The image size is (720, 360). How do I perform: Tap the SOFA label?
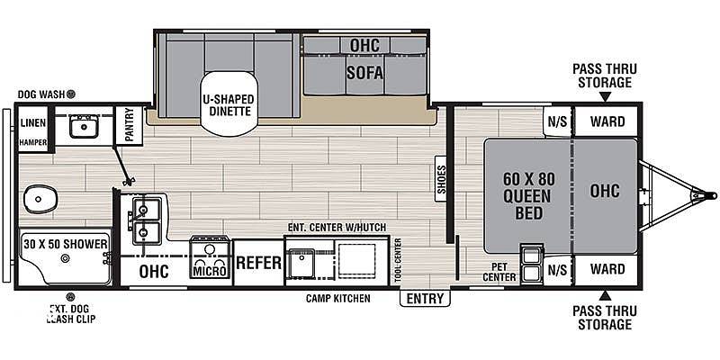coord(364,73)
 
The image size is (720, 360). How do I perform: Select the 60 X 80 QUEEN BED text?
coord(528,196)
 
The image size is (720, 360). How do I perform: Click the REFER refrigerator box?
coord(258,263)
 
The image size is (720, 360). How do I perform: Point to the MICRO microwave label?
coord(210,272)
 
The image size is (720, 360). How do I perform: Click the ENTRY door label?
coord(425,299)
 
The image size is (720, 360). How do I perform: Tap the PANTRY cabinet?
coord(129,125)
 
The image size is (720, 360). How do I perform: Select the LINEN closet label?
coord(33,123)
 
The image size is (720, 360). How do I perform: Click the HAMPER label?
coord(33,143)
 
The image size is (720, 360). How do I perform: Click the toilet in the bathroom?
coord(40,199)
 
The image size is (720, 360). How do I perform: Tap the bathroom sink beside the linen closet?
coord(84,126)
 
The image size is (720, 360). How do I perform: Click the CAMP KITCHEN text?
coord(338,299)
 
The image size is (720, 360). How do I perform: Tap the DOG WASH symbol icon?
coord(71,94)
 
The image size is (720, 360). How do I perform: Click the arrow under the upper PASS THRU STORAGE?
coord(605,96)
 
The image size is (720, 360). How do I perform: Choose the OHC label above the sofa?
coord(365,46)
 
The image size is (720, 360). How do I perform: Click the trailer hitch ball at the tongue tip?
coord(712,195)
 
